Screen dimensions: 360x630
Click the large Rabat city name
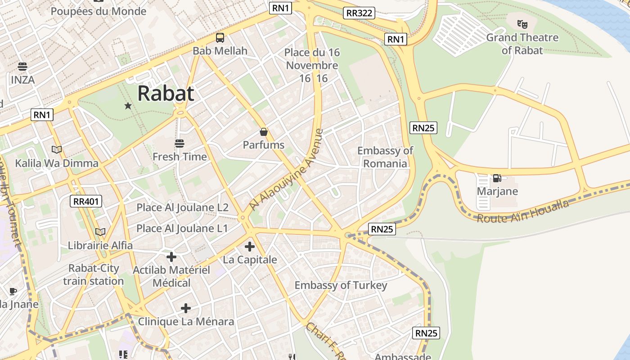coord(166,93)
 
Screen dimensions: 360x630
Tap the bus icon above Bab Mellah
coord(220,38)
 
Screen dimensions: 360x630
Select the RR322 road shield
coord(359,13)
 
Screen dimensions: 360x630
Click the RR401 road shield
coord(86,201)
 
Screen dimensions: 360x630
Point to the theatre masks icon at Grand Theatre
coord(522,24)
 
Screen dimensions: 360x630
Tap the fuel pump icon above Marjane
coord(497,178)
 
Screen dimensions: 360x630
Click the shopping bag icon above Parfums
coord(264,132)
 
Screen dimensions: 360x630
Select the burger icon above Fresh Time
coord(180,144)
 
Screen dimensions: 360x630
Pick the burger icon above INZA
coord(22,67)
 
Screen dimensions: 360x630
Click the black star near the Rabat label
coord(128,106)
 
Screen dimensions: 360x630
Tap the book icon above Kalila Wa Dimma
coord(57,149)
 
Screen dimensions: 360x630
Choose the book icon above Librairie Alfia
coord(100,232)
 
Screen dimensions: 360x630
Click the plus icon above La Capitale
coord(250,247)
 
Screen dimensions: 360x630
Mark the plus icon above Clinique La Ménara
coord(186,308)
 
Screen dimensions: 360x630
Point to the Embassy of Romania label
coord(385,157)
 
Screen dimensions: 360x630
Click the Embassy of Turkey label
coord(341,285)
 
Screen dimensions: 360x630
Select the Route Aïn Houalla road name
coord(522,211)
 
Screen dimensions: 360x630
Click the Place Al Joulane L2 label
coord(182,207)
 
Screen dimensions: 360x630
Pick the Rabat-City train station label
coord(94,274)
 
